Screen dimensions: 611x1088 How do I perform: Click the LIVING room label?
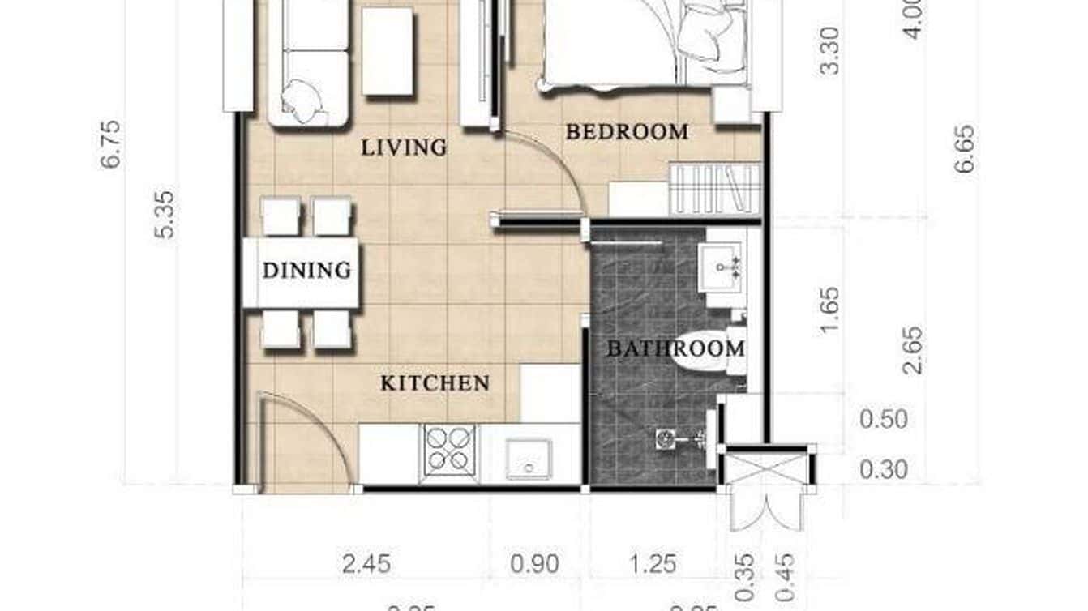[x=404, y=147]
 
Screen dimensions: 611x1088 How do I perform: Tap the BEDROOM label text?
[x=627, y=131]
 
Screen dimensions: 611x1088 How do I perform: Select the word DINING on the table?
[x=306, y=271]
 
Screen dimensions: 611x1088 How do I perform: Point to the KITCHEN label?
[x=435, y=383]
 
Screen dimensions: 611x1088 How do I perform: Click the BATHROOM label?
[x=675, y=349]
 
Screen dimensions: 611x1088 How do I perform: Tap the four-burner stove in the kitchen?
[x=448, y=449]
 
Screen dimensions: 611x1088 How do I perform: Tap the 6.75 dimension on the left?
[x=111, y=144]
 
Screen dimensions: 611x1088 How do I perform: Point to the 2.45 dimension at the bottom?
[x=366, y=563]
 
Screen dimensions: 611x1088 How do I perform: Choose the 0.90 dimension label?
[x=534, y=563]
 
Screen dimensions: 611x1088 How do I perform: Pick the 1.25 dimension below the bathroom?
[x=652, y=563]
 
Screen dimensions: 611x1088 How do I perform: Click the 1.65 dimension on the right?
[x=830, y=311]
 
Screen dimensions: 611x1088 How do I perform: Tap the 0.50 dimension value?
[x=883, y=421]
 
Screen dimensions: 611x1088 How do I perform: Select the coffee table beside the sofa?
[x=388, y=52]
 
